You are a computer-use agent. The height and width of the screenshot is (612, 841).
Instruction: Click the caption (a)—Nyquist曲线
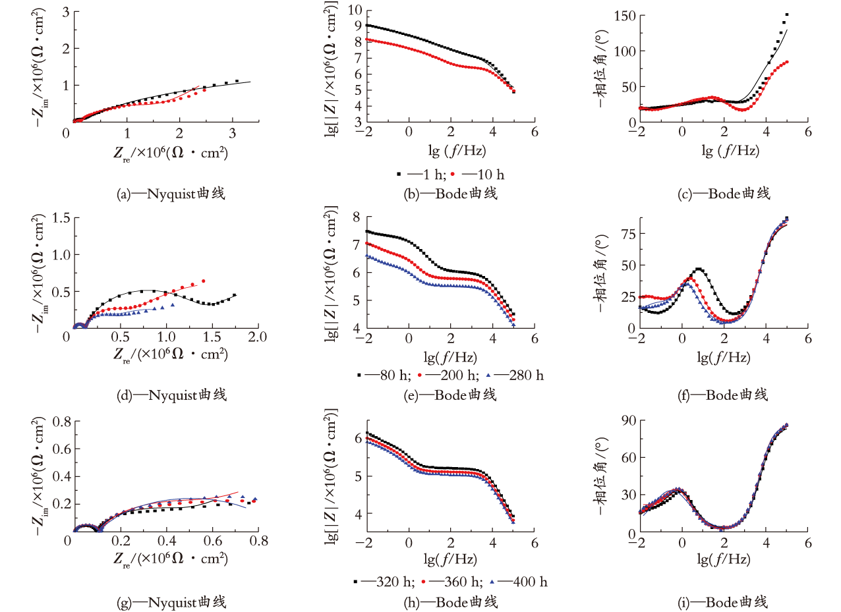[x=171, y=194]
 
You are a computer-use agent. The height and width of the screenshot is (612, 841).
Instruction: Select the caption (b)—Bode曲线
[x=451, y=194]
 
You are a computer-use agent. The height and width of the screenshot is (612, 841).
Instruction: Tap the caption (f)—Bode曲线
[x=723, y=395]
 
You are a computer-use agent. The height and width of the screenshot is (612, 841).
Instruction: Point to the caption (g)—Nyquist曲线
[x=172, y=602]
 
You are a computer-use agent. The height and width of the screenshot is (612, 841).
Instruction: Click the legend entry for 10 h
[x=477, y=175]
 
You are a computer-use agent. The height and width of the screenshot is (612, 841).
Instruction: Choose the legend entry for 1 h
[x=421, y=175]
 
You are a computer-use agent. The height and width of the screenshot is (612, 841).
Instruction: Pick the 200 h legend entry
[x=448, y=376]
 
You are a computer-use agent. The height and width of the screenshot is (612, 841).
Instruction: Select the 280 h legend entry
[x=515, y=376]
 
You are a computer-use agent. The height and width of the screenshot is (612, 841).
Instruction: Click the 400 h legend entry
[x=519, y=582]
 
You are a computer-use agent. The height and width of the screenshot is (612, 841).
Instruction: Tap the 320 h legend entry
[x=384, y=582]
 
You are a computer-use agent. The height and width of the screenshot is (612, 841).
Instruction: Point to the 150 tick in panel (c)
[x=625, y=16]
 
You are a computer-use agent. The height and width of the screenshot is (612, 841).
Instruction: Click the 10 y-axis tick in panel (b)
[x=355, y=10]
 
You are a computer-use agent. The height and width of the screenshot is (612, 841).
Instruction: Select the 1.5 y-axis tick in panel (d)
[x=61, y=217]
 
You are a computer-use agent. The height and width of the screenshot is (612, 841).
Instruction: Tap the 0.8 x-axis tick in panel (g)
[x=259, y=541]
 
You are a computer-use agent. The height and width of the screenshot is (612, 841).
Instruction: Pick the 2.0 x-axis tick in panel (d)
[x=258, y=337]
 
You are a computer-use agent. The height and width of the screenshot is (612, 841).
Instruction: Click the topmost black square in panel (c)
[x=787, y=15]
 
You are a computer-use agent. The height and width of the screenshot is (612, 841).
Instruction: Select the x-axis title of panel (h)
[x=451, y=559]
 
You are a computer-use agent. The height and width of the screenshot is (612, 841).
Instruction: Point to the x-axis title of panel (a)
[x=171, y=153]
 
